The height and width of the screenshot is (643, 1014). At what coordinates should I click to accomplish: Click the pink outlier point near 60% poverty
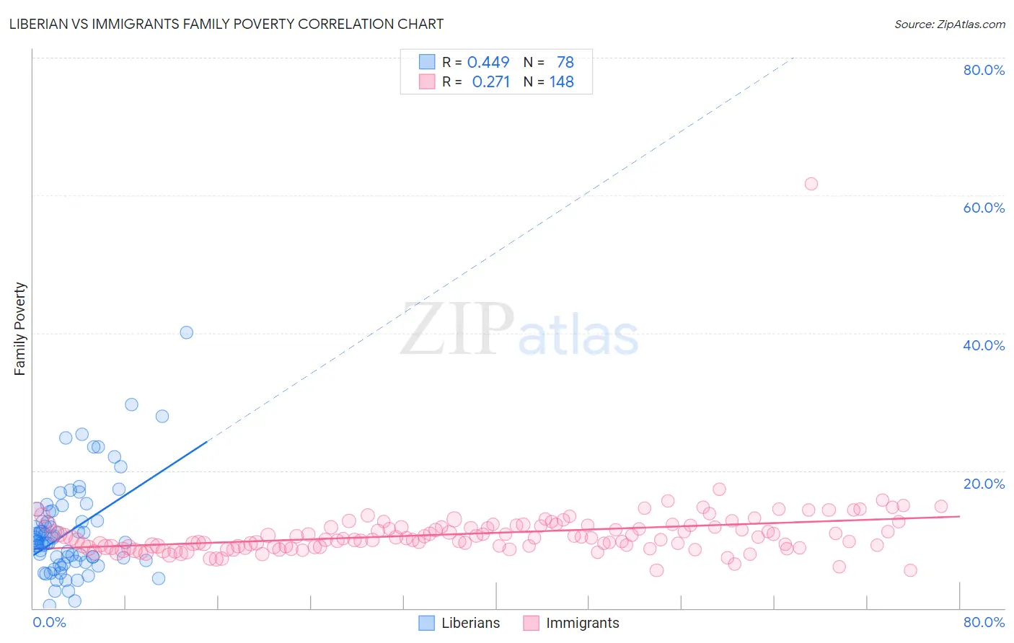click(811, 184)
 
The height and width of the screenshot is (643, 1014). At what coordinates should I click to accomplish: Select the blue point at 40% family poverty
click(186, 332)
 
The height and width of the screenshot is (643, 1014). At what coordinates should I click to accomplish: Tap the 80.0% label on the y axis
click(984, 70)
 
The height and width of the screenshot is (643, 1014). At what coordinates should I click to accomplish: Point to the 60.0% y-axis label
click(984, 208)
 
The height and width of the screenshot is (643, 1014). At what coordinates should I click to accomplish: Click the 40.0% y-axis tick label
click(984, 345)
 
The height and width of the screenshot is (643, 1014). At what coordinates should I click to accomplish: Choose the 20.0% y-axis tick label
click(984, 484)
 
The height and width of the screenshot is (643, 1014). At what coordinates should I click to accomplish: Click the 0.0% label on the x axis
click(49, 623)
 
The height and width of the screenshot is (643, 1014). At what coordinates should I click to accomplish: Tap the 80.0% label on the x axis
click(984, 623)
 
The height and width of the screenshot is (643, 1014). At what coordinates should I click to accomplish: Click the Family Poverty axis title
click(20, 329)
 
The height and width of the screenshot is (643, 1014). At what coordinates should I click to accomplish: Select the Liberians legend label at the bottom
click(470, 624)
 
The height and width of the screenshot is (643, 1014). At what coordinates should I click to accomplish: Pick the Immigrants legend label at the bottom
click(582, 624)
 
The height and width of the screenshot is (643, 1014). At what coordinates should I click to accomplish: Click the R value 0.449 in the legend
click(488, 63)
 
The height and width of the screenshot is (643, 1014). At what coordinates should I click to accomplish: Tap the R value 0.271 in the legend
click(490, 82)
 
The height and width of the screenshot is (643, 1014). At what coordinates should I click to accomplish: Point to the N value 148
click(562, 82)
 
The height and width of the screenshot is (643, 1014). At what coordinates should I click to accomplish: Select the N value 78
click(565, 63)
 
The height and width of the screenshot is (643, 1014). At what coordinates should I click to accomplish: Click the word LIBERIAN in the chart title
click(40, 24)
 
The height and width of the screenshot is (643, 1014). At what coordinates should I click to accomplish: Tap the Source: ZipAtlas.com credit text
click(949, 25)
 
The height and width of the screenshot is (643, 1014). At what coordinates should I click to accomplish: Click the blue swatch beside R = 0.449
click(427, 62)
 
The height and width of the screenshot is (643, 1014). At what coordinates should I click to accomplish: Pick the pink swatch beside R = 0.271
click(427, 81)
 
